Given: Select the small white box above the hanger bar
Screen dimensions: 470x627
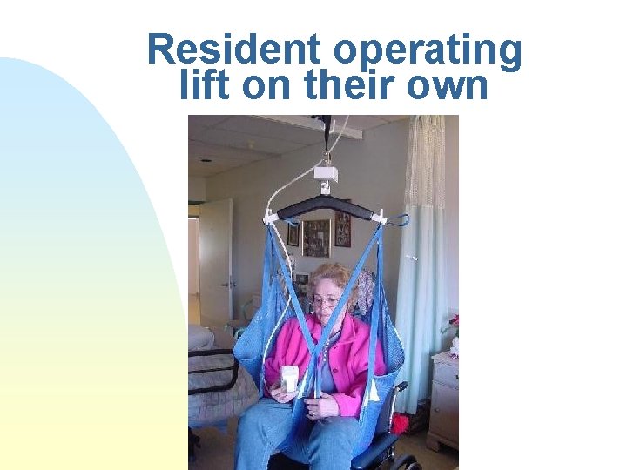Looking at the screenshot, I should (326, 174).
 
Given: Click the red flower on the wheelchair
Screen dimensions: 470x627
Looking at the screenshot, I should (401, 424).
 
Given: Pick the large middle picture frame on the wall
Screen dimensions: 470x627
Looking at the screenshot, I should (316, 238).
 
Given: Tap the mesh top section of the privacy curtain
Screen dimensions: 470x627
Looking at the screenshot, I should (425, 161).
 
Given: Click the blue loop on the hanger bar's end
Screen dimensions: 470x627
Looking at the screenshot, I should (399, 220).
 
